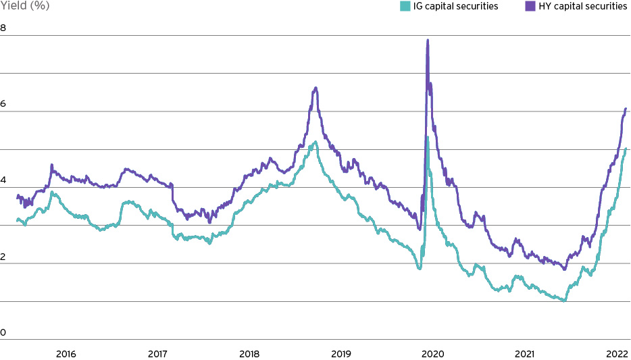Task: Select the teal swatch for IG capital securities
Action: coord(405,6)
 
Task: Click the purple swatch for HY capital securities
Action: coord(511,6)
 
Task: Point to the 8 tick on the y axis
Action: coord(3,28)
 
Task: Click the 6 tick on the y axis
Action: coord(3,104)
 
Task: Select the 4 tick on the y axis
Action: coord(3,180)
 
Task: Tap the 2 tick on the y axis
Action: coord(3,256)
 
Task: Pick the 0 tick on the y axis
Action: coord(3,332)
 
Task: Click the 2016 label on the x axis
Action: coord(66,354)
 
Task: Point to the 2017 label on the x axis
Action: coord(157,354)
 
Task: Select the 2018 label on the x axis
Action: coord(249,354)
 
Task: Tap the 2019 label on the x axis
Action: coord(341,354)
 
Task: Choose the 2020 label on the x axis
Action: coord(432,354)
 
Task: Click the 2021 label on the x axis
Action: coord(524,354)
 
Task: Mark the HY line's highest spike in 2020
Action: coord(428,40)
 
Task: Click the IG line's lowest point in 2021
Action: coord(563,301)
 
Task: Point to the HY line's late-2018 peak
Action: coord(315,88)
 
